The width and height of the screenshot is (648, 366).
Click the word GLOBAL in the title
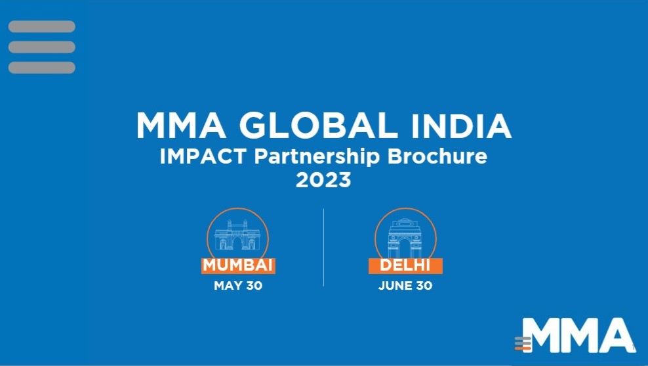coord(318,125)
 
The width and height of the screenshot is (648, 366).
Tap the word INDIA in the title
coord(461,126)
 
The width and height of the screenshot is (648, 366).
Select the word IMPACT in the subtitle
coord(203,156)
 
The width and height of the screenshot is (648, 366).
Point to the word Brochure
coord(437,156)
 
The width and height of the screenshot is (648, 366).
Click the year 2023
coord(323,180)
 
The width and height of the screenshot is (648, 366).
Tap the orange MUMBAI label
coord(238,265)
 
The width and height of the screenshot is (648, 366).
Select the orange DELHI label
coord(405,265)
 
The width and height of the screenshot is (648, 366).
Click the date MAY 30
coord(238,286)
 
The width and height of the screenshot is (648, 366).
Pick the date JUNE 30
coord(405,286)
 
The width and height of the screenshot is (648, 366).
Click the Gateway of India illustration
coord(237,235)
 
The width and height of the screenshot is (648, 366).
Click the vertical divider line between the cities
coord(323,247)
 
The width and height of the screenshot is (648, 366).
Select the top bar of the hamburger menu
coord(42,26)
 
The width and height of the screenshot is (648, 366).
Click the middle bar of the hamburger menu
coord(42,47)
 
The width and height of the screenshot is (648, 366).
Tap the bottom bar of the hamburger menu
coord(42,68)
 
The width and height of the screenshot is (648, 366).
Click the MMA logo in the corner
coord(575,335)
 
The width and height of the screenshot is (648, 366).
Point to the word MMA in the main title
coord(182,126)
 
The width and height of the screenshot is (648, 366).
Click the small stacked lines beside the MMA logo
coord(523,344)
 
